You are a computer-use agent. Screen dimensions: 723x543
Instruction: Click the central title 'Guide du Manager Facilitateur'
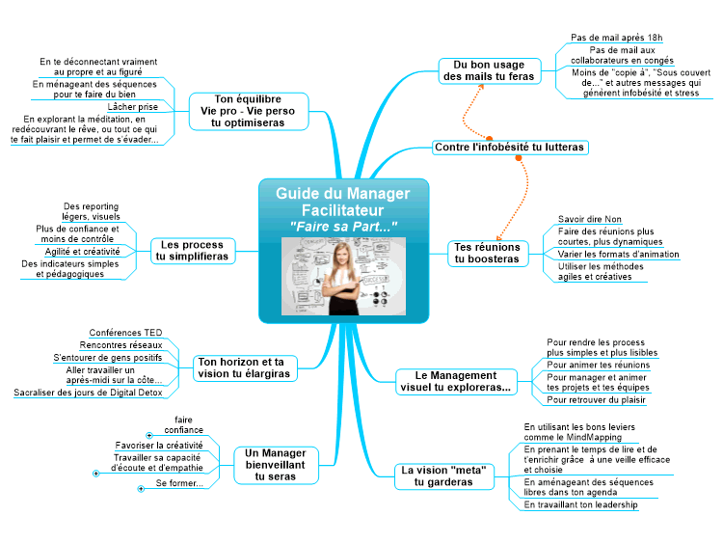[342, 202]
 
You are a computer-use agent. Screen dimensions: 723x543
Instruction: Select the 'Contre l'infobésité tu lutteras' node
[510, 148]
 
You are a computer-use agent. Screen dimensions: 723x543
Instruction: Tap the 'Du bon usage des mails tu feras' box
[489, 70]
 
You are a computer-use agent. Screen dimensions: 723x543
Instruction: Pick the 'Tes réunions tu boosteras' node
[488, 254]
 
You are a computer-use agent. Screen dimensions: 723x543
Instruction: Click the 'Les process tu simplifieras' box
[192, 251]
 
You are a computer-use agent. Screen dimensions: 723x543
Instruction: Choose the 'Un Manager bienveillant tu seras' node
[276, 465]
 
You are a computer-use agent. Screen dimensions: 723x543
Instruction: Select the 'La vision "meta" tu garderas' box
[443, 476]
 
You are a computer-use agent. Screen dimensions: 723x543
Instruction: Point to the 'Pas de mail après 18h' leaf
[617, 38]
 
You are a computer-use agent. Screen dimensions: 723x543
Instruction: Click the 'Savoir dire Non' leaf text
[590, 219]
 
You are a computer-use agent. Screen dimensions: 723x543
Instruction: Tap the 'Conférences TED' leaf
[125, 333]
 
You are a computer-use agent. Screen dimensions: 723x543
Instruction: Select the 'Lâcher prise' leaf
[132, 107]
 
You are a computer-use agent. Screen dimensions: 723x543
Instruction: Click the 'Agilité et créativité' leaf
[82, 252]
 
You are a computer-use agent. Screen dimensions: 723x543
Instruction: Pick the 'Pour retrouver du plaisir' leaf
[596, 400]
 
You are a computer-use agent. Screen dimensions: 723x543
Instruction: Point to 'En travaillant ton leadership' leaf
[580, 504]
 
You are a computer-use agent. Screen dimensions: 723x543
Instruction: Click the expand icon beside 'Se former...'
[141, 489]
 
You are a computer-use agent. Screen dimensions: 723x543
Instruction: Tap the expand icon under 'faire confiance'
[149, 436]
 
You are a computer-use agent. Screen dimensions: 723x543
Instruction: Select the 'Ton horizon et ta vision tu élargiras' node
[245, 367]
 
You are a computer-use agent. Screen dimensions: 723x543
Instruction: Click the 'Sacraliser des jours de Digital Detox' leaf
[88, 393]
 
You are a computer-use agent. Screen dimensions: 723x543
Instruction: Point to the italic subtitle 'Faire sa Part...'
[343, 227]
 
